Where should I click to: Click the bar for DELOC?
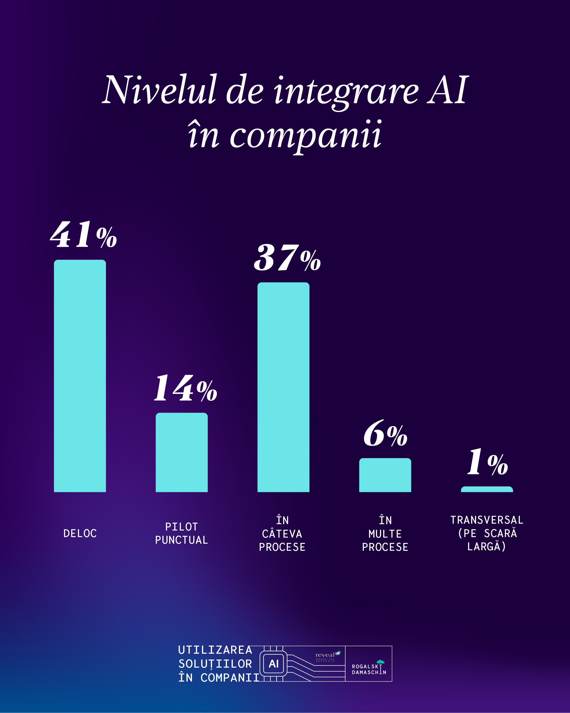[x=80, y=376]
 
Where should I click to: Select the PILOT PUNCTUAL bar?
[x=182, y=452]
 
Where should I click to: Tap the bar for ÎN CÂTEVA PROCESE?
[x=283, y=387]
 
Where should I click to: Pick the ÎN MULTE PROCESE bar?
[x=385, y=475]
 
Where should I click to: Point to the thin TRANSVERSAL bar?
[x=487, y=489]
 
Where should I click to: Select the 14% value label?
[x=185, y=388]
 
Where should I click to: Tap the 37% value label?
[x=287, y=258]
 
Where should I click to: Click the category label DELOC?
[x=80, y=534]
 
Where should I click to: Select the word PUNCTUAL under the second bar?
[x=182, y=540]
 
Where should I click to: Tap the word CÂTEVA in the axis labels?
[x=282, y=534]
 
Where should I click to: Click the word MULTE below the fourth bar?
[x=385, y=534]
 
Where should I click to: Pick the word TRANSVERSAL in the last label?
[x=487, y=520]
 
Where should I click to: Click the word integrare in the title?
[x=346, y=91]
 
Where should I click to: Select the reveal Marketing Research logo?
[x=327, y=656]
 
